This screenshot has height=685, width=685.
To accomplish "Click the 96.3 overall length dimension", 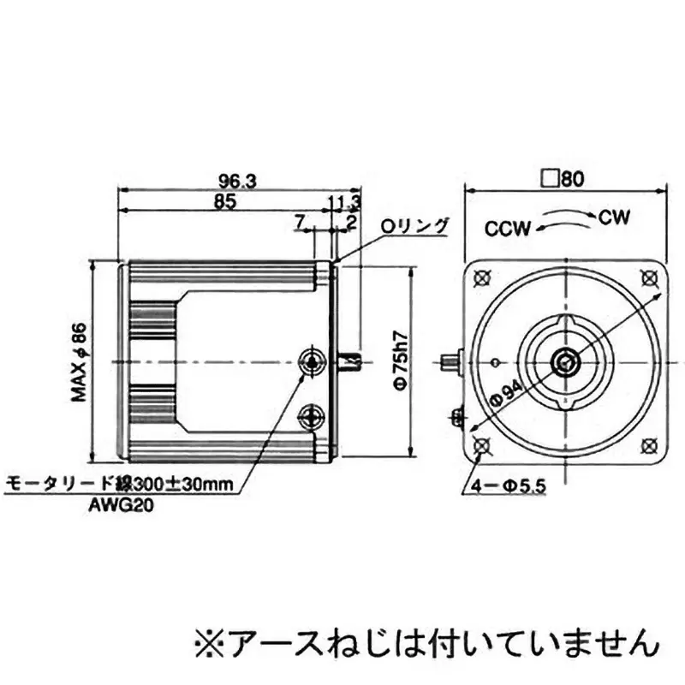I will [238, 181].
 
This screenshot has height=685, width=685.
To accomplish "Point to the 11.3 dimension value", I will [344, 201].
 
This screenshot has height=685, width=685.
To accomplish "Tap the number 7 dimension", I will [301, 222].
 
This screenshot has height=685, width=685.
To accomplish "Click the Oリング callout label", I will [414, 226].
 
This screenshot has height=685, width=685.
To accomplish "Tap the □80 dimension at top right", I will [563, 179].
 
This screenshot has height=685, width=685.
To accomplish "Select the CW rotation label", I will [614, 217].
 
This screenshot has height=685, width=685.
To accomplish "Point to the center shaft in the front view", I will [564, 362].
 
